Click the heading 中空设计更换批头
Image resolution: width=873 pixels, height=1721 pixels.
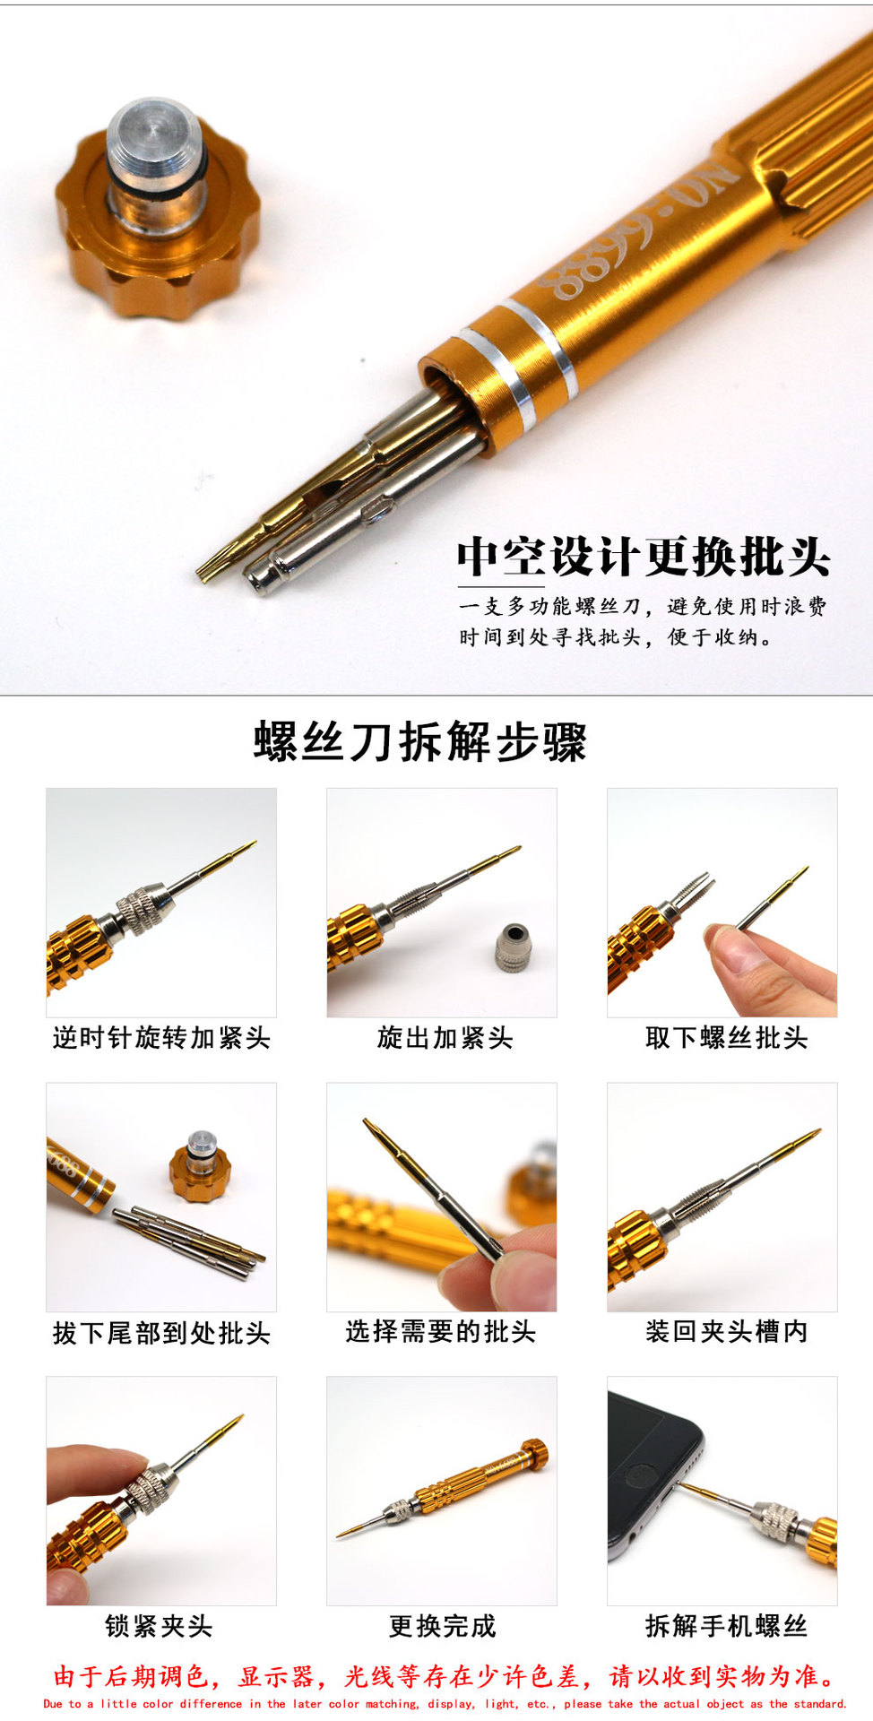644,557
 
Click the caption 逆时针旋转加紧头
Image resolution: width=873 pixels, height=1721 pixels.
161,1038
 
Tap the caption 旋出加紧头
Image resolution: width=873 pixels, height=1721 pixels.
445,1038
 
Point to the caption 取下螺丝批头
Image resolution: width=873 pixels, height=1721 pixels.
726,1038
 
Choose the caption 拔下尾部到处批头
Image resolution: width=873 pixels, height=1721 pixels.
161,1333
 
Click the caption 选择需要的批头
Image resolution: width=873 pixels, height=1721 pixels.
441,1332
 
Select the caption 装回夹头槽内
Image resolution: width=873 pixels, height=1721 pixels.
726,1332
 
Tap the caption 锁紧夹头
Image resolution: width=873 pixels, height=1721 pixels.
159,1626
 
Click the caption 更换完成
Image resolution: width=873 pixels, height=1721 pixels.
443,1626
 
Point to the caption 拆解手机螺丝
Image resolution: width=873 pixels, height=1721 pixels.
726,1626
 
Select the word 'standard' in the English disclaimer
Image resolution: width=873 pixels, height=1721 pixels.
817,1704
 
